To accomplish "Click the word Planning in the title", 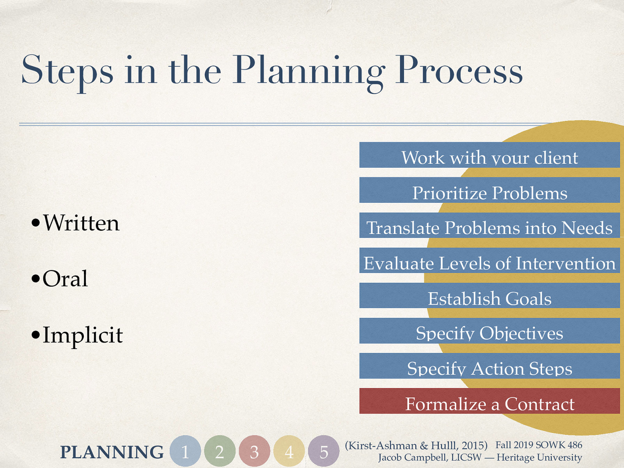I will point(308,71).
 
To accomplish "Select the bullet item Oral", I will point(65,279).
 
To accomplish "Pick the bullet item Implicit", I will point(82,335).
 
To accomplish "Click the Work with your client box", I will point(489,155).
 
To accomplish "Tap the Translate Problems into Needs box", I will point(489,226).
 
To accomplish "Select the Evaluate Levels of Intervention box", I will point(489,261).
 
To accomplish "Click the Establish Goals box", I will point(489,296).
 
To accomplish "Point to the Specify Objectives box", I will point(489,331).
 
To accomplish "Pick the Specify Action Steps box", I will point(489,366).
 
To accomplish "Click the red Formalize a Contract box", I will point(489,401).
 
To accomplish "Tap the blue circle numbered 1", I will point(185,451).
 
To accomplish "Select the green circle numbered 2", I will point(220,451).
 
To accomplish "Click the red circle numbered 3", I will point(254,451).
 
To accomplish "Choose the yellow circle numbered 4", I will point(289,451).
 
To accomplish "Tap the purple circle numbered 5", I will point(324,451).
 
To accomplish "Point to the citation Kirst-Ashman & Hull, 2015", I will point(416,445).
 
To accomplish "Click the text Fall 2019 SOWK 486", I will point(539,445).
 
